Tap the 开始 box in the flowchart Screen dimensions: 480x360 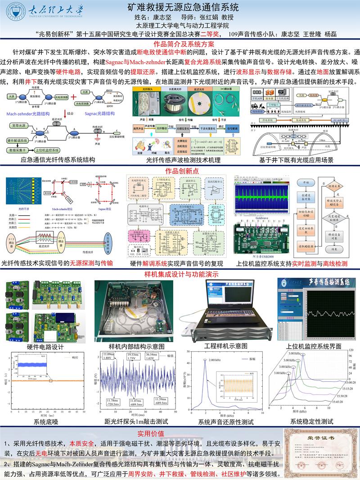306,183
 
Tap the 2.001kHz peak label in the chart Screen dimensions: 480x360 216,360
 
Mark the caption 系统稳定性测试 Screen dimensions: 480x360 311,422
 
